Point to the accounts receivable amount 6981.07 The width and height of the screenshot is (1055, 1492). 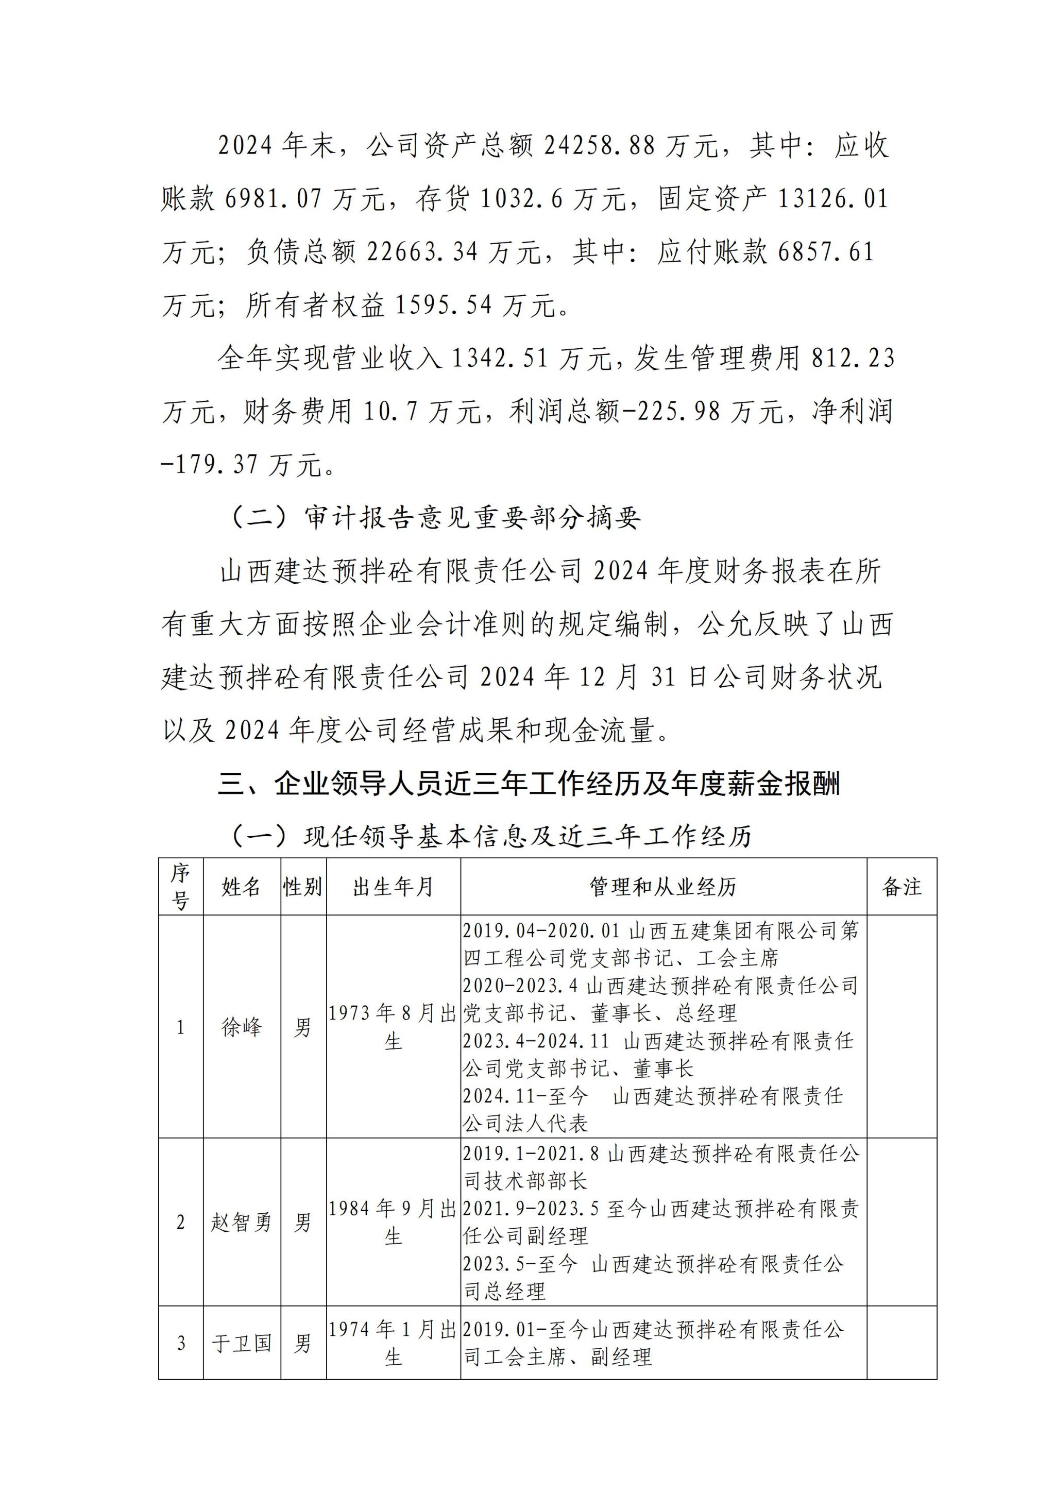click(274, 199)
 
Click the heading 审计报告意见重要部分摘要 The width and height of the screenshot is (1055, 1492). click(472, 518)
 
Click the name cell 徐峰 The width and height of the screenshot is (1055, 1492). click(241, 1027)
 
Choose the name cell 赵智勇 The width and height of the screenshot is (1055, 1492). click(241, 1223)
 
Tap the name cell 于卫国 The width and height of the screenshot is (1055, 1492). click(241, 1343)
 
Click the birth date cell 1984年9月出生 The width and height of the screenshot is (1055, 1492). click(393, 1223)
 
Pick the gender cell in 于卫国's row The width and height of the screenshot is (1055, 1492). click(303, 1343)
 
